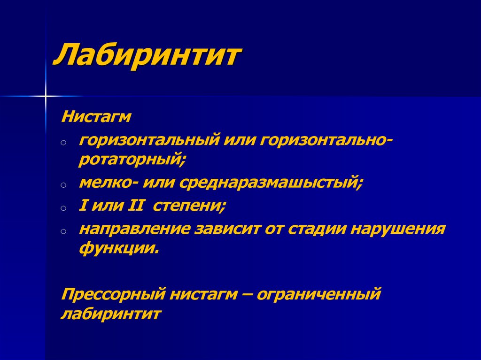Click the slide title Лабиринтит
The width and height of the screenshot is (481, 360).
click(147, 55)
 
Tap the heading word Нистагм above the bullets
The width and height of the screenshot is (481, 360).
click(96, 117)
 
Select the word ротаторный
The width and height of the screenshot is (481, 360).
click(132, 160)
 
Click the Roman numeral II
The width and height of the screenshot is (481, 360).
click(135, 206)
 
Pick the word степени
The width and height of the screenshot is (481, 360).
click(189, 206)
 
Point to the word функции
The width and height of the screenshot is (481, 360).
click(119, 248)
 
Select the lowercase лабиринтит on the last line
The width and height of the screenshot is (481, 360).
click(111, 314)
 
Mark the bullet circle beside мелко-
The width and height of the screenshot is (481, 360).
click(63, 185)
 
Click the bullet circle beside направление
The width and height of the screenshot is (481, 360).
click(63, 231)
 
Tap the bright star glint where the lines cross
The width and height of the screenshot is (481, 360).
click(46, 96)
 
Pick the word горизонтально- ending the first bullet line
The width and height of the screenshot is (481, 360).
click(326, 141)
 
